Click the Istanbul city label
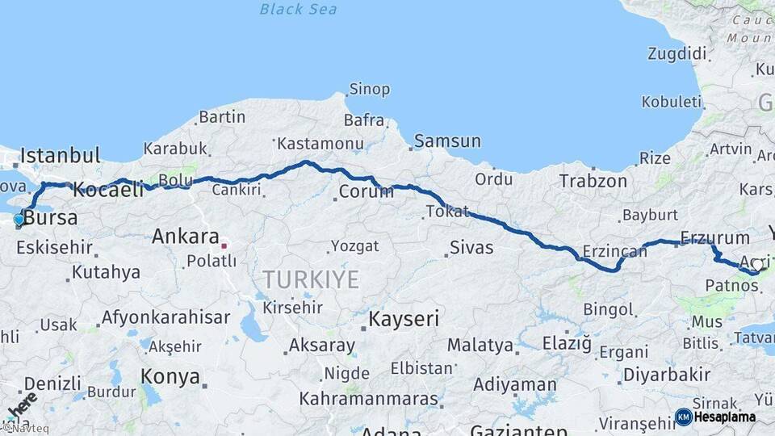(x=61, y=155)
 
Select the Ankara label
(x=186, y=237)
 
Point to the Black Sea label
(x=298, y=10)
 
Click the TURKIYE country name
(x=310, y=280)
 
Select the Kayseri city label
(x=404, y=320)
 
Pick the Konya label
(x=170, y=376)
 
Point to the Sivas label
(x=471, y=247)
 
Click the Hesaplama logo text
(x=725, y=417)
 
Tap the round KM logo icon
(x=683, y=417)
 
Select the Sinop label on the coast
(x=369, y=89)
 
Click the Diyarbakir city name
(x=666, y=375)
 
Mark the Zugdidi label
(x=677, y=54)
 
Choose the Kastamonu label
(x=320, y=144)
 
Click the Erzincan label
(x=614, y=252)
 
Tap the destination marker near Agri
(x=757, y=265)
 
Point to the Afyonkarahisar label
(x=166, y=317)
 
